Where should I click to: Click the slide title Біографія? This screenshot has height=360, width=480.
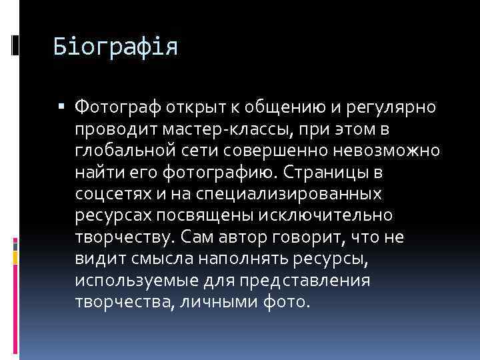tap(116, 48)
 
